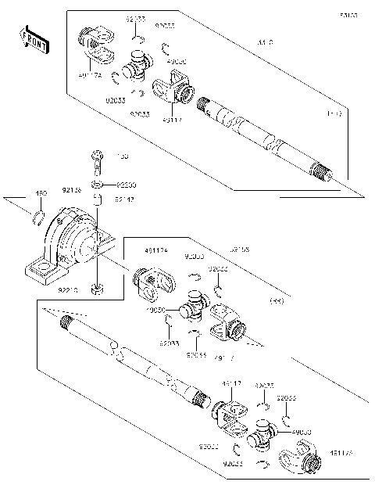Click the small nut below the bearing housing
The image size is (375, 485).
(96, 290)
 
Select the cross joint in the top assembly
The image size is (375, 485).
(137, 65)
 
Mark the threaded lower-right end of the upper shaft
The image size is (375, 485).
(321, 169)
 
